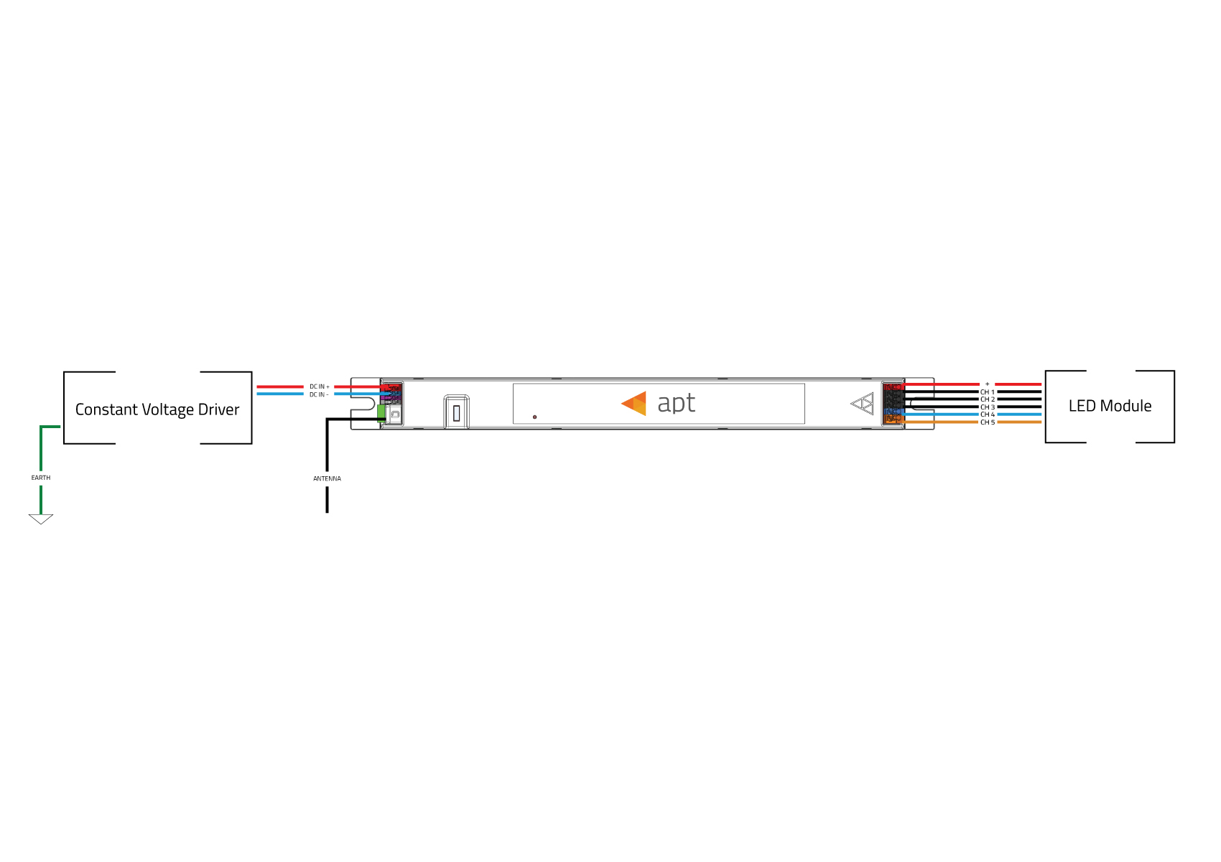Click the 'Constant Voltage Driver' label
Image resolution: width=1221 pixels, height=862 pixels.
[x=157, y=410]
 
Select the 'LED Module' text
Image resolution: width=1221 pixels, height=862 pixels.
[x=1110, y=406]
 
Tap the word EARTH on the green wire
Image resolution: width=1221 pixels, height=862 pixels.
[x=41, y=478]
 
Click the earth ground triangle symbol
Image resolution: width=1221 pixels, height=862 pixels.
[x=41, y=519]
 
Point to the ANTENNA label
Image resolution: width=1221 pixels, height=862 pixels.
[x=327, y=478]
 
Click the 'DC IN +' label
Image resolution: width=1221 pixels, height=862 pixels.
[x=320, y=386]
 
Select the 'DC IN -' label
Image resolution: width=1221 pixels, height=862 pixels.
[x=319, y=394]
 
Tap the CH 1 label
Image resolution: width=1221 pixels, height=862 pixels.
[x=988, y=392]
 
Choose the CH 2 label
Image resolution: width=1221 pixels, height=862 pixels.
[x=988, y=399]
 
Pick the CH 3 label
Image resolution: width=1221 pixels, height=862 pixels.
[x=988, y=407]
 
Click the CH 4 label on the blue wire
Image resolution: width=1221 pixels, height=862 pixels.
[x=988, y=414]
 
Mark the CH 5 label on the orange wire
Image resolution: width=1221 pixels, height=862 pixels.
[x=988, y=422]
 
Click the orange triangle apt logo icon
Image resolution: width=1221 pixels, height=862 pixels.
[x=634, y=404]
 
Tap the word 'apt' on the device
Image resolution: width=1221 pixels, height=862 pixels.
[x=677, y=404]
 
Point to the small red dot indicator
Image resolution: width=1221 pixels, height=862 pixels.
[x=535, y=417]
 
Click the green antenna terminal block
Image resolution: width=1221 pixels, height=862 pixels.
[x=381, y=413]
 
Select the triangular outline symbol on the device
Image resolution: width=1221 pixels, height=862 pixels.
[x=862, y=404]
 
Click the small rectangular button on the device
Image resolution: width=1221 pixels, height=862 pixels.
[x=457, y=413]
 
